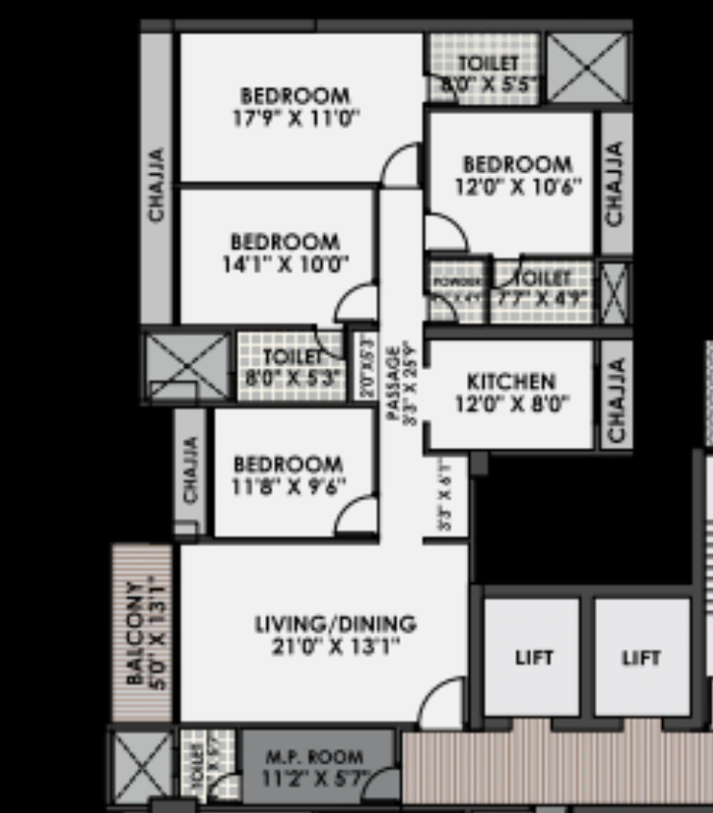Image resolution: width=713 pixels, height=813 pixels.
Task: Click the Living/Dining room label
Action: click(335, 624)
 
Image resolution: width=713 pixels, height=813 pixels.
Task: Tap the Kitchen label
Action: click(511, 382)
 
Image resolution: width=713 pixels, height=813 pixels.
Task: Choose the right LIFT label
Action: click(642, 658)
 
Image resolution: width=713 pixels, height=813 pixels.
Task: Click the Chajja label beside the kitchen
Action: click(617, 401)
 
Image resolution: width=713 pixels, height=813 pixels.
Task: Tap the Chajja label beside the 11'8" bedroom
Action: click(191, 471)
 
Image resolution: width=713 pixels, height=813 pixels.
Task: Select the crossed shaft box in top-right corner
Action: click(587, 67)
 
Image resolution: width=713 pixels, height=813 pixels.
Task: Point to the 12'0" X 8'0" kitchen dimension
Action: click(512, 404)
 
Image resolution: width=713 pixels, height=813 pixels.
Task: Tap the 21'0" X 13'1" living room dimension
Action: click(335, 646)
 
